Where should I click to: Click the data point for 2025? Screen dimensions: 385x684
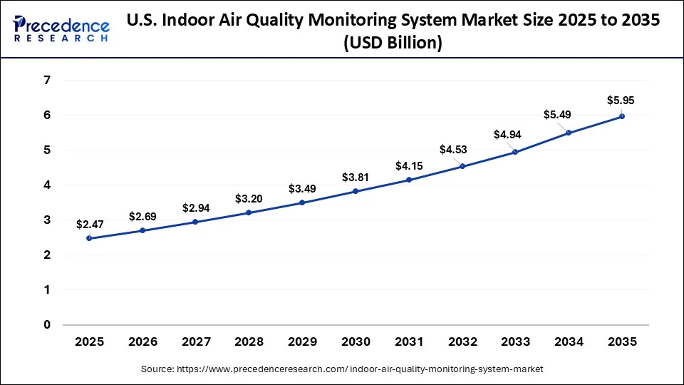[x=89, y=238]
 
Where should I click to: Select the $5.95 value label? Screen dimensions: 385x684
[x=621, y=101]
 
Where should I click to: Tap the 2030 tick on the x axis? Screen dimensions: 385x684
[x=356, y=342]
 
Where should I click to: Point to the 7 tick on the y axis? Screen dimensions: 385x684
[x=47, y=81]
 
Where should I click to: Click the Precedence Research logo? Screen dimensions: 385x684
[x=61, y=29]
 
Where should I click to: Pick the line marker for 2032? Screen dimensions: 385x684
[x=462, y=166]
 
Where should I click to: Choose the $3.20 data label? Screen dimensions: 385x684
[x=249, y=197]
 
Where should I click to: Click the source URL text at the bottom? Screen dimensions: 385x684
[x=342, y=369]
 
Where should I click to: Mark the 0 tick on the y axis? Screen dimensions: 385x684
[x=47, y=325]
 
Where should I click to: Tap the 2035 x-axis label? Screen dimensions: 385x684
[x=622, y=342]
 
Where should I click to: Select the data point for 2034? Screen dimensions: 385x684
[x=569, y=133]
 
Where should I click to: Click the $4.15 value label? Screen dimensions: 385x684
[x=409, y=165]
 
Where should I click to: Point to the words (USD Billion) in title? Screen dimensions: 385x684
[x=393, y=43]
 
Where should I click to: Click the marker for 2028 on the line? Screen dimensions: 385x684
[x=249, y=212]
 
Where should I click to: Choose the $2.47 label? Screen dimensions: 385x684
[x=90, y=224]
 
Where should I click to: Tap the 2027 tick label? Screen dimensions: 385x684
[x=195, y=342]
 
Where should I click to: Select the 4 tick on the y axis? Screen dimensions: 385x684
[x=47, y=185]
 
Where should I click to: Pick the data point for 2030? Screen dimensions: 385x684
[x=356, y=191]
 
